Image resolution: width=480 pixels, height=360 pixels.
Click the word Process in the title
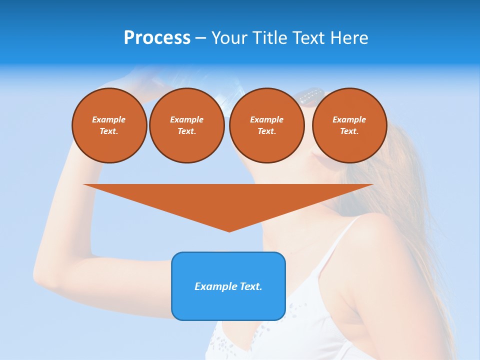[157, 38]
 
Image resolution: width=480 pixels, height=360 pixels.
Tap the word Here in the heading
[349, 38]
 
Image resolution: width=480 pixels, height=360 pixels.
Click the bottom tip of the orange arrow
[229, 230]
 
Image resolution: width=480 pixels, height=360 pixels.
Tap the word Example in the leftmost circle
[109, 119]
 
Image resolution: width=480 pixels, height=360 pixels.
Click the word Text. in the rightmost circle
[349, 131]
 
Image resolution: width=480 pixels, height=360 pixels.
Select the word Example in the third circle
[267, 119]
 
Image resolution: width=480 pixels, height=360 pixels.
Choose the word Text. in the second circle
[187, 131]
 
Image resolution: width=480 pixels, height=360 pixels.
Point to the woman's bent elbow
[42, 272]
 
